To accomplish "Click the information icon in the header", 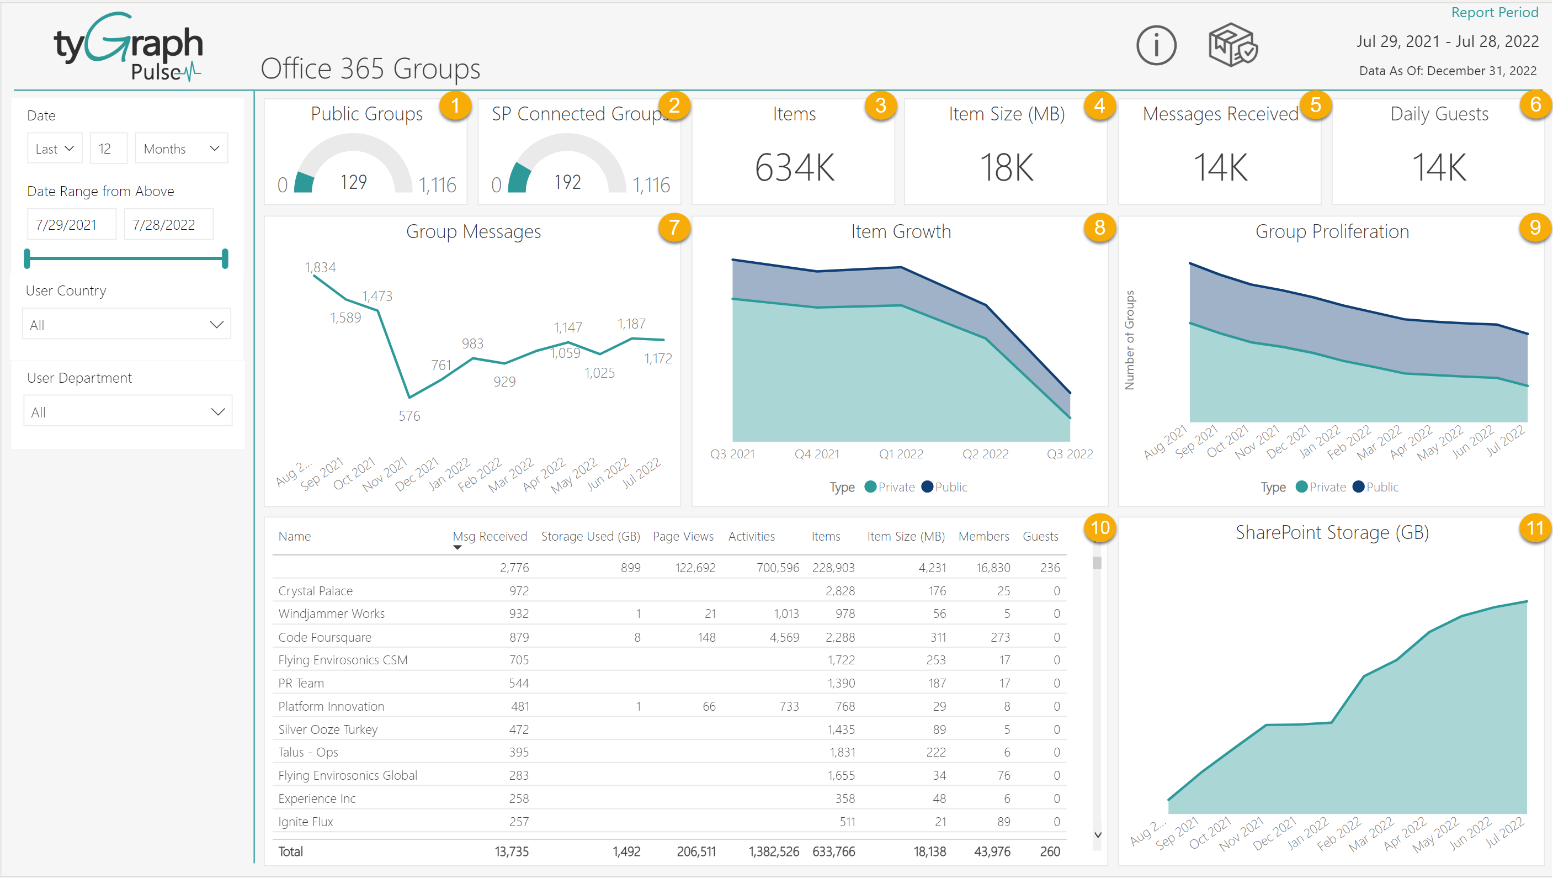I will (1156, 45).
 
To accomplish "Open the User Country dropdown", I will (126, 325).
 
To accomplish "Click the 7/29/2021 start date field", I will (71, 224).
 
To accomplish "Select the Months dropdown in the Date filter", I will (181, 149).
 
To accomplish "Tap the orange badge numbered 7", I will (673, 228).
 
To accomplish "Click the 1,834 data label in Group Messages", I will (320, 267).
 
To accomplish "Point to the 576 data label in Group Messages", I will (409, 415).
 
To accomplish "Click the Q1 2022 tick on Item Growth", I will (901, 454).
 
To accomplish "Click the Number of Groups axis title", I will (1129, 340).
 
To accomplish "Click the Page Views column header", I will (683, 536).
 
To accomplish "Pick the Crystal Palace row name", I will (315, 591).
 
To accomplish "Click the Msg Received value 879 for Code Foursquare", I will (518, 637).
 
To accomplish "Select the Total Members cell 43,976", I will (992, 851).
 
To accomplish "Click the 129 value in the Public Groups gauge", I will (353, 182).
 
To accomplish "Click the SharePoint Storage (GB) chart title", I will (1332, 532).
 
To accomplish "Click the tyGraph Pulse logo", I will (129, 47).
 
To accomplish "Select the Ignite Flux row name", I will (306, 821).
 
